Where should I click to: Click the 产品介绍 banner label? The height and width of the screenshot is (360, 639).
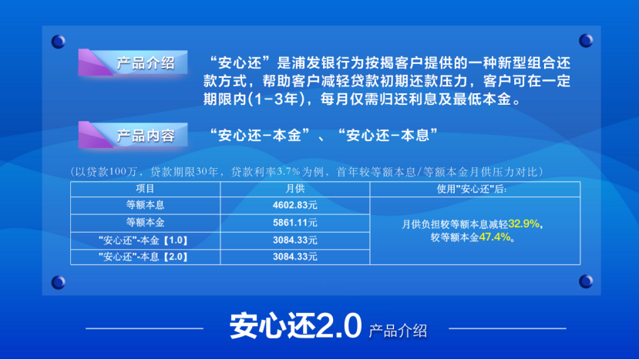tap(146, 63)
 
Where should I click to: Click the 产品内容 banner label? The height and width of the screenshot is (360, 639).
tap(146, 136)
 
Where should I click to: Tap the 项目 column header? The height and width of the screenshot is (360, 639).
tap(145, 189)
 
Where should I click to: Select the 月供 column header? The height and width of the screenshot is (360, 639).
tap(295, 189)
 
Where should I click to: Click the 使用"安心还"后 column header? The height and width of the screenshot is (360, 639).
tap(472, 189)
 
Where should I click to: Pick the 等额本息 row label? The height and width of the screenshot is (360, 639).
tap(145, 205)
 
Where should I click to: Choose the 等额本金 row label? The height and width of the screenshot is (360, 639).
tap(145, 223)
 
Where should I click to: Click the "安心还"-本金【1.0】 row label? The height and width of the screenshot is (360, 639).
tap(143, 241)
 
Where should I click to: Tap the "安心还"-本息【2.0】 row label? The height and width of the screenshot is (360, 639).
tap(143, 257)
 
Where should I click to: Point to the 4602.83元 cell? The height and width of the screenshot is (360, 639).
tap(295, 205)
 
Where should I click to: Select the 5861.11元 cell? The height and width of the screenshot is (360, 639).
tap(295, 223)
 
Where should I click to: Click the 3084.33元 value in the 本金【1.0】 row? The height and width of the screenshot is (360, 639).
tap(295, 241)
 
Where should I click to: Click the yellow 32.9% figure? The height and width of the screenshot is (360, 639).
tap(523, 224)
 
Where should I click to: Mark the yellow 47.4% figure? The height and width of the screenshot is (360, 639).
tap(495, 237)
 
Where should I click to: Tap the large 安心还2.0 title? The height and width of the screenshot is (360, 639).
tap(295, 326)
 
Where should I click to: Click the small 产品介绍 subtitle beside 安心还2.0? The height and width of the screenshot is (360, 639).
tap(398, 331)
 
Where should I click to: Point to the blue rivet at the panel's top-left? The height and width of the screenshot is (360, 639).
tap(59, 42)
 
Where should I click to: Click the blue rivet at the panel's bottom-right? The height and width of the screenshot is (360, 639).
tap(586, 281)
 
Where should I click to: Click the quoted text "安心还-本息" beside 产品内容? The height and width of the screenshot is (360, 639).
tap(388, 135)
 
